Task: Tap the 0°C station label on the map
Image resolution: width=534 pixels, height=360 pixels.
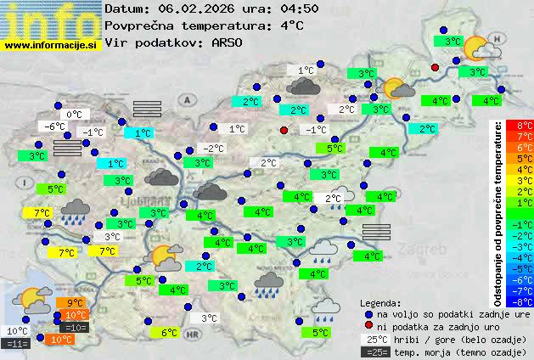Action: (x=74, y=114)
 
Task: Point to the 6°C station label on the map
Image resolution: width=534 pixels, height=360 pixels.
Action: (x=169, y=333)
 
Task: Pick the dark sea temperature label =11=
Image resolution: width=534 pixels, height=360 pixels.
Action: (x=17, y=344)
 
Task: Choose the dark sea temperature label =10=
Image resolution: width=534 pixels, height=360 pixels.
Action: (x=75, y=327)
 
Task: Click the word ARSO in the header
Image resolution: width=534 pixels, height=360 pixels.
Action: (x=228, y=42)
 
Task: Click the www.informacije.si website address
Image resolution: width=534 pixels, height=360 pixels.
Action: (x=51, y=45)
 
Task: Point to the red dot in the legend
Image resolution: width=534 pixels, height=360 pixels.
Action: (x=368, y=326)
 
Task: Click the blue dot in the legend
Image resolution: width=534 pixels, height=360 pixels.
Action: (x=368, y=313)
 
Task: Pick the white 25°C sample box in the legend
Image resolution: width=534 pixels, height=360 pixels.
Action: (x=374, y=339)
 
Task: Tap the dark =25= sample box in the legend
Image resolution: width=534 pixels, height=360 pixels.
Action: (x=374, y=352)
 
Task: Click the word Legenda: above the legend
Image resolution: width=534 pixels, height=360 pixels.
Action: (x=381, y=302)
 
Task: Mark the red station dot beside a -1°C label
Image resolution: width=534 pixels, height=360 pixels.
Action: (x=284, y=130)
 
